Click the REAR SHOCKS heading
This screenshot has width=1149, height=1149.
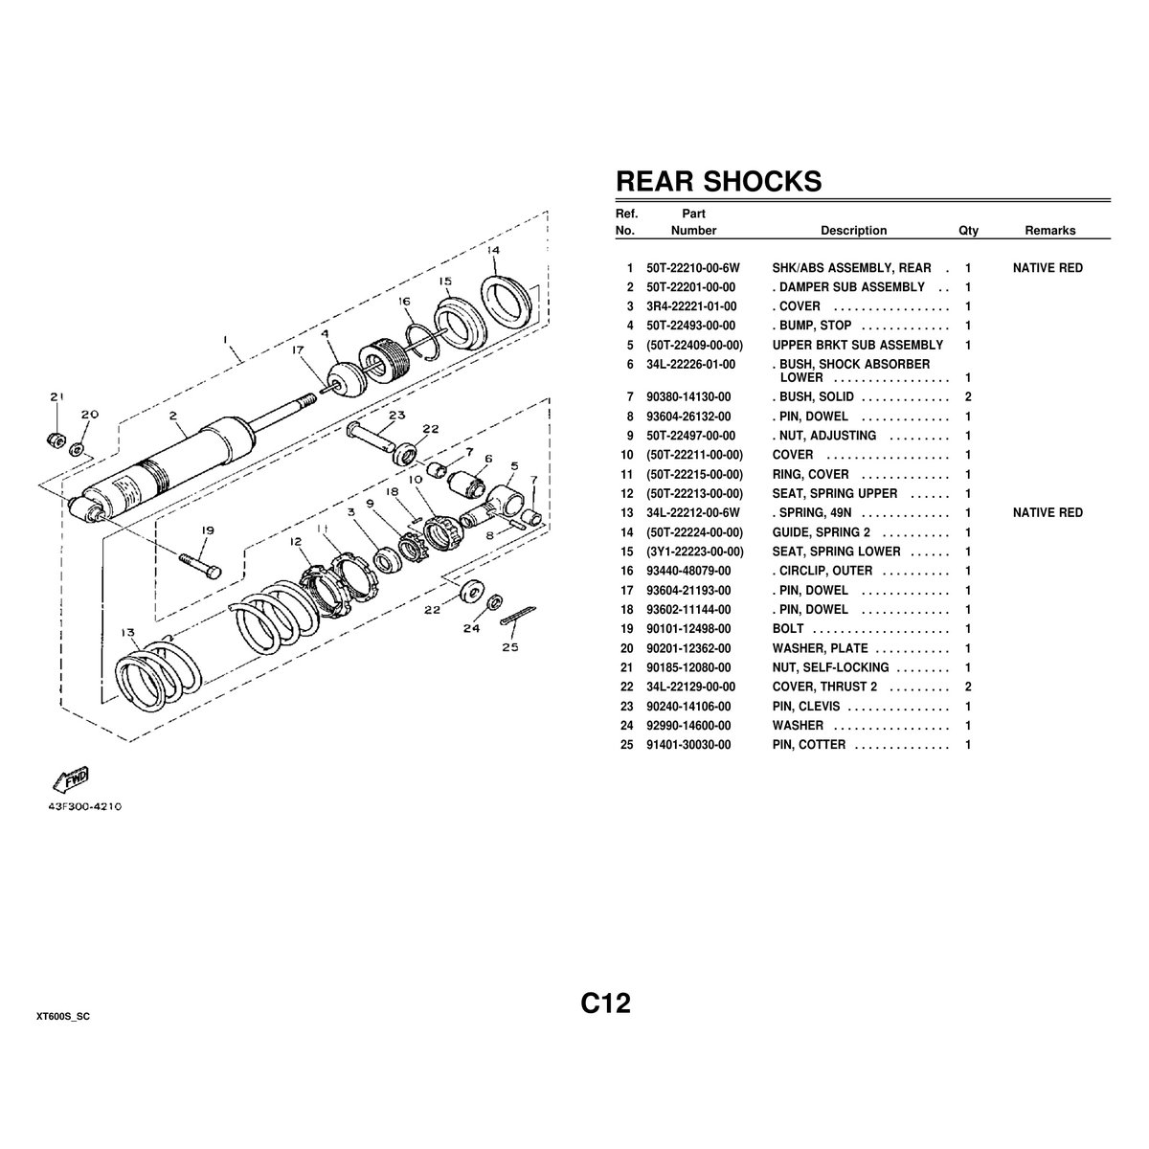[718, 181]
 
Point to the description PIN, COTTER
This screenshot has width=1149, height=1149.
[809, 745]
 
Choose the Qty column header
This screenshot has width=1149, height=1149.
[968, 231]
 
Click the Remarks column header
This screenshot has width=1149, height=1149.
[1049, 231]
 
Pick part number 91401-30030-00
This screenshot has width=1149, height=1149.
[688, 745]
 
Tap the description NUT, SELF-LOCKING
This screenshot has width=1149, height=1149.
[830, 667]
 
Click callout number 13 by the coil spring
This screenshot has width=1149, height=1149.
[126, 631]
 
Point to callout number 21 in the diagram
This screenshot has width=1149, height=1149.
[56, 397]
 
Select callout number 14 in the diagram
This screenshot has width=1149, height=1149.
[492, 250]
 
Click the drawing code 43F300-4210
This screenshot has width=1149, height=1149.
[85, 806]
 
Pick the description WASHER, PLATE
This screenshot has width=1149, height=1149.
[820, 648]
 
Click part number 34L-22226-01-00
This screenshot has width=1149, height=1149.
[691, 364]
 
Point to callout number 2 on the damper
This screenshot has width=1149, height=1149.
[174, 416]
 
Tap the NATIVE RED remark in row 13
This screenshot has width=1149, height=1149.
[1048, 513]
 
